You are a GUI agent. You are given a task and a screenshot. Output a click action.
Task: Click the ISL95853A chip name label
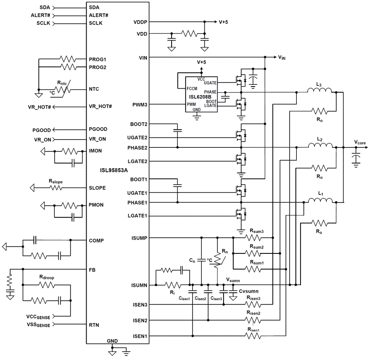pyautogui.click(x=115, y=170)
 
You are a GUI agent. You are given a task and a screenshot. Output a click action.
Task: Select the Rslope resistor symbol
pyautogui.click(x=56, y=188)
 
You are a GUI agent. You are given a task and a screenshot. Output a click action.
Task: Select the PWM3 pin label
pyautogui.click(x=140, y=105)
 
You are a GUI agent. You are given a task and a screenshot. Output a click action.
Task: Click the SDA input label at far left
pyautogui.click(x=44, y=8)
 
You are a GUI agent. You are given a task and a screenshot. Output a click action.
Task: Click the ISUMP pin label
pyautogui.click(x=139, y=238)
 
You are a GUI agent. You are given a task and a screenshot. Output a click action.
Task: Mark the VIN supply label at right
pyautogui.click(x=282, y=57)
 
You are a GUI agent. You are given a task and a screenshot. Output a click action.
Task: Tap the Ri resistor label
pyautogui.click(x=173, y=293)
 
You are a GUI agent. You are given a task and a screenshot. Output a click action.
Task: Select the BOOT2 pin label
pyautogui.click(x=140, y=124)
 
